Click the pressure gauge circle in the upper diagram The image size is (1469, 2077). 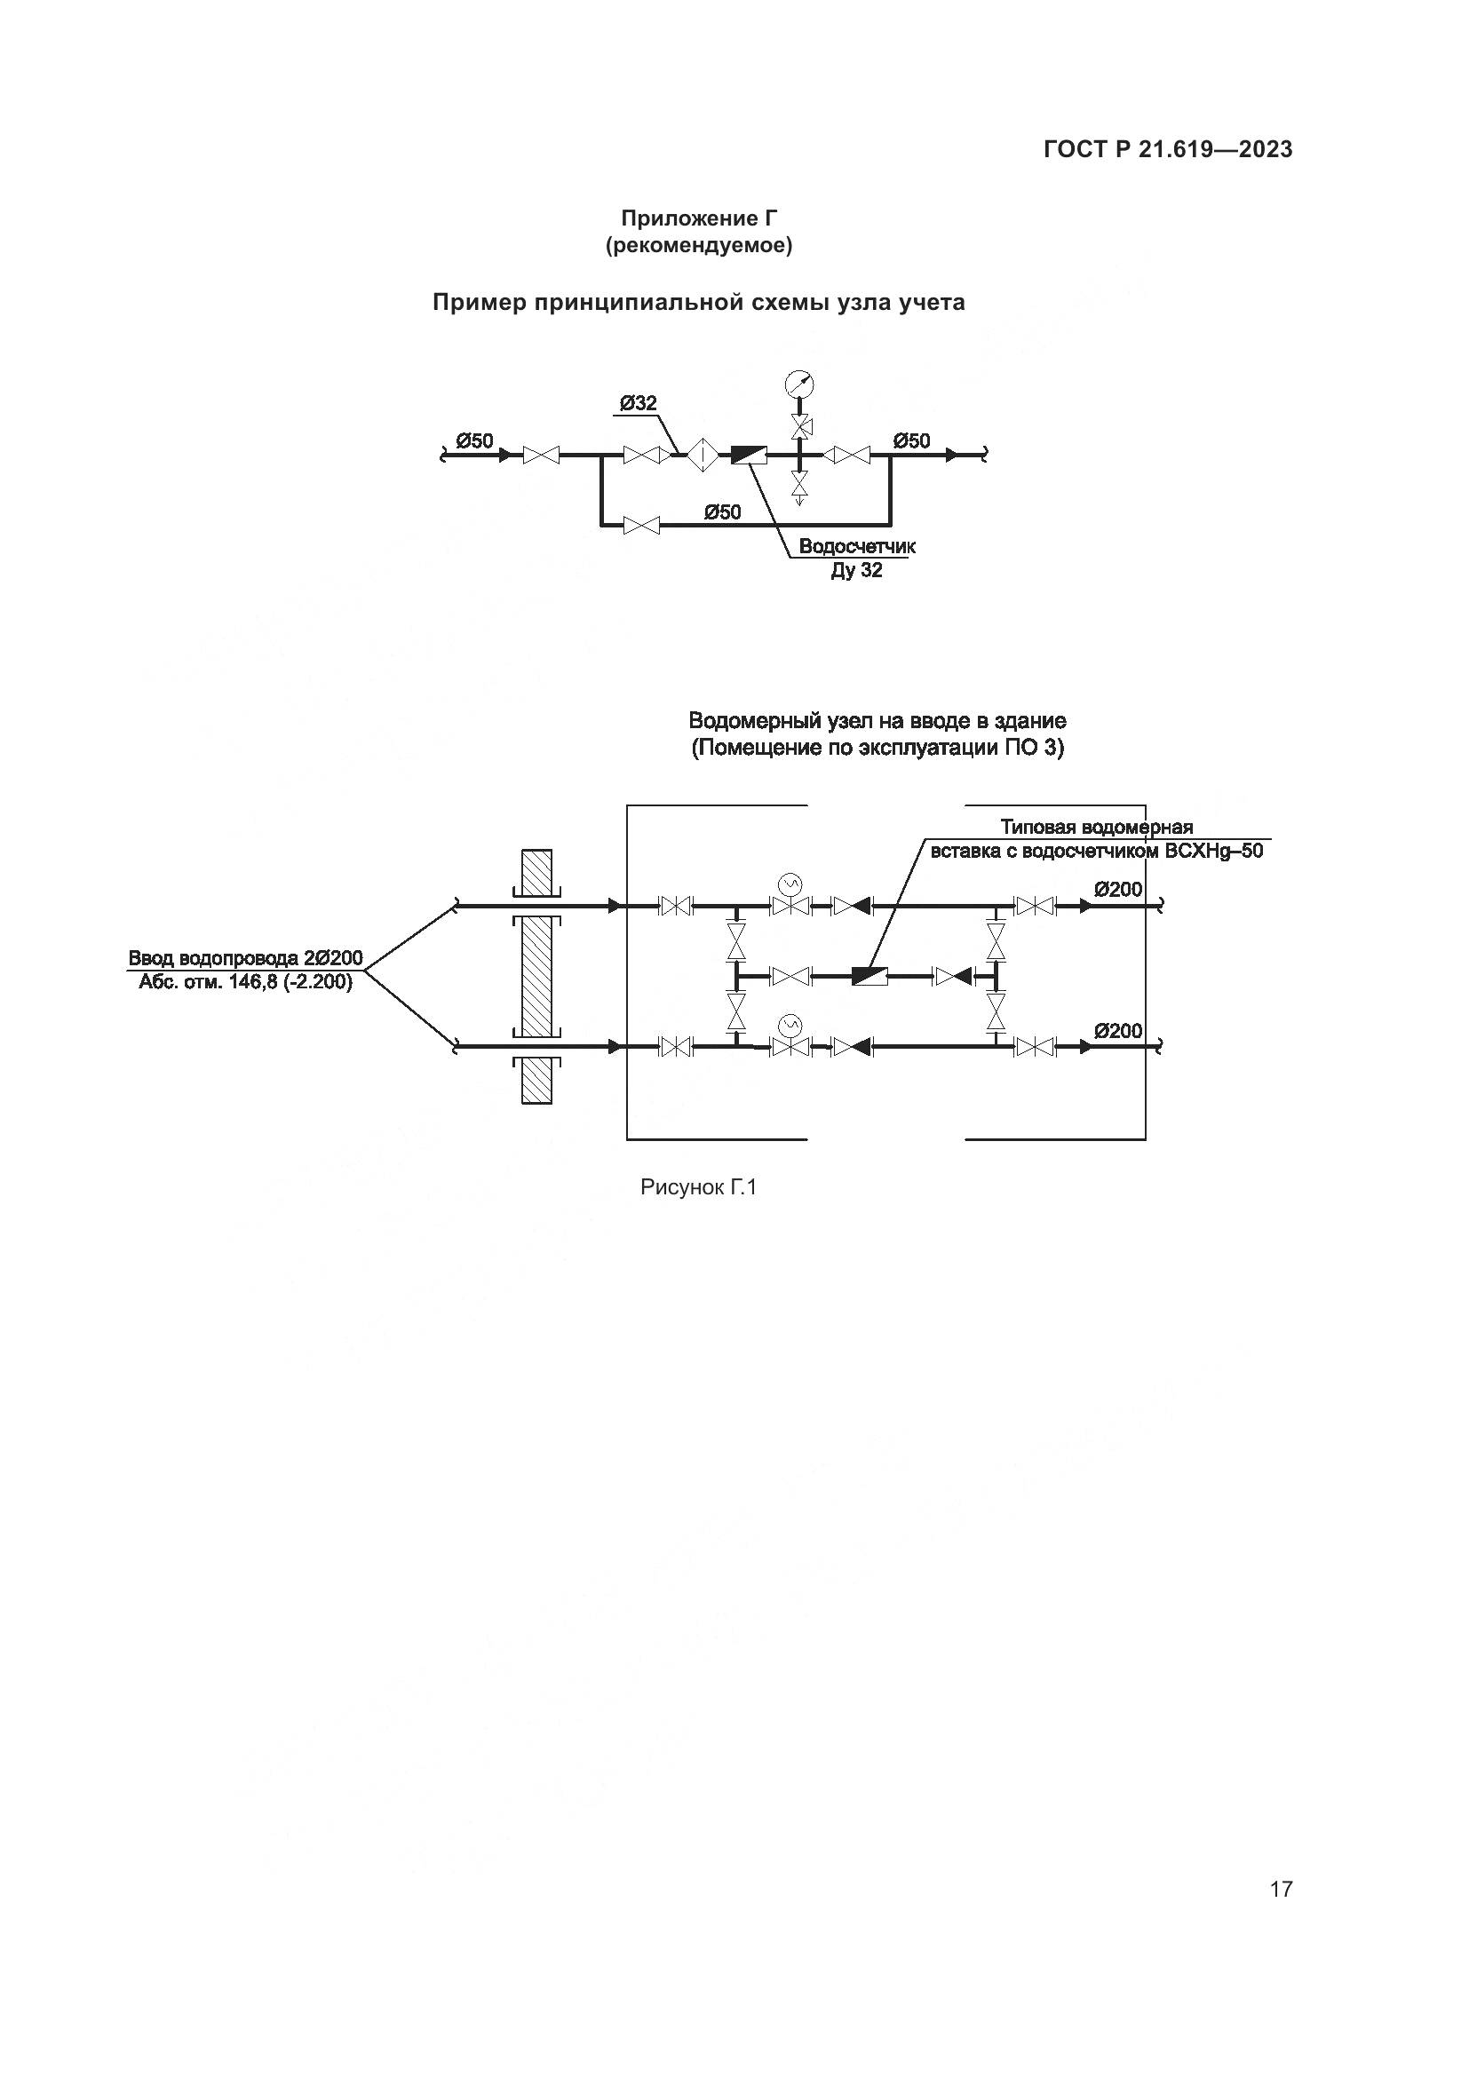(x=799, y=384)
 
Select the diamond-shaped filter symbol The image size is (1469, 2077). (x=701, y=455)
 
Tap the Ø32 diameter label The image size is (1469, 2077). (x=639, y=403)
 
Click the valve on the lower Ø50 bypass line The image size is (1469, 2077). (x=642, y=525)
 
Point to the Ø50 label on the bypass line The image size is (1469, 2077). (x=722, y=513)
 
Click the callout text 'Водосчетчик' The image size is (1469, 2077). (x=856, y=547)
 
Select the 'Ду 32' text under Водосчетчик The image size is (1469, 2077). (x=856, y=571)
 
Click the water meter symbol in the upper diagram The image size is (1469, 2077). (x=748, y=455)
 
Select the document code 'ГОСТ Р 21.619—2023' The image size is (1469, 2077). (x=1168, y=150)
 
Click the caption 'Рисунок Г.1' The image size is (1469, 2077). (x=697, y=1188)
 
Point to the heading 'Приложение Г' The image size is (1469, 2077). (x=698, y=218)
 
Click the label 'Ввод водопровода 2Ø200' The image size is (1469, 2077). (x=245, y=958)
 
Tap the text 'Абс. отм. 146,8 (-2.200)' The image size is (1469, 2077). (x=245, y=981)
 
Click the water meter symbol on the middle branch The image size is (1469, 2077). (x=870, y=976)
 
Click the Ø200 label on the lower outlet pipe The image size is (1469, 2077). (x=1118, y=1031)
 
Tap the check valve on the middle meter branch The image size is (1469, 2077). (x=952, y=976)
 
